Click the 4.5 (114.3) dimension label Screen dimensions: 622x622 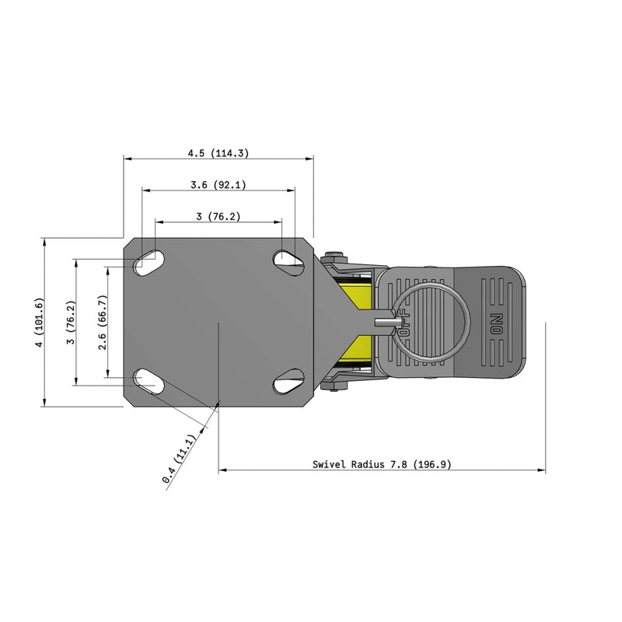click(218, 153)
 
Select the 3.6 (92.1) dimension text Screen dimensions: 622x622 click(218, 185)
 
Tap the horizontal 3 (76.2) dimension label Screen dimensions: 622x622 click(218, 217)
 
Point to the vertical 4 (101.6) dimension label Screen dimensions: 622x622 click(40, 323)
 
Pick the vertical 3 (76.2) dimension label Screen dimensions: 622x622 click(71, 323)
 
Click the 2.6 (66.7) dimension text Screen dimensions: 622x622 click(103, 323)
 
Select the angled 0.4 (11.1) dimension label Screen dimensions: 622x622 click(180, 459)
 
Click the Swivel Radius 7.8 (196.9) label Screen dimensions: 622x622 click(382, 464)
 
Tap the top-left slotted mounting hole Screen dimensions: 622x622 click(149, 263)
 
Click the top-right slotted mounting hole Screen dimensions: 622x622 click(288, 263)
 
